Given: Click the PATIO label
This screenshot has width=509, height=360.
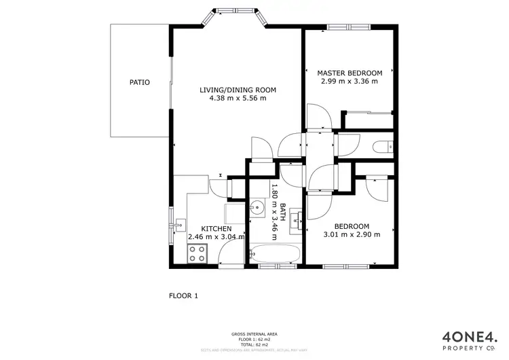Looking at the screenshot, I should click(x=140, y=82).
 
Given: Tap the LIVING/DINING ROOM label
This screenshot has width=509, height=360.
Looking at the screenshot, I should click(x=238, y=90).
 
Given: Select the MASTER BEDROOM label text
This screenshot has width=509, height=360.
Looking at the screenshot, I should click(x=350, y=73).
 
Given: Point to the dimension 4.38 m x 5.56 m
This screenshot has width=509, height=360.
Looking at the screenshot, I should click(x=238, y=98).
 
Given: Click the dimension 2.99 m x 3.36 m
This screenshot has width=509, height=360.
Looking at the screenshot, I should click(x=350, y=81).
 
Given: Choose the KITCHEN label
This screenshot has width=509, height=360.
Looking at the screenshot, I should click(x=216, y=229).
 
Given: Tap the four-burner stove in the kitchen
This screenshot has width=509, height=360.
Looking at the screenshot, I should click(x=198, y=254).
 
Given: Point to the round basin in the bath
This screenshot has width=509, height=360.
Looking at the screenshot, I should click(x=257, y=208).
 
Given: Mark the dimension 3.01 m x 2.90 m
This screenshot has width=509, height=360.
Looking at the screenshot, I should click(x=351, y=234).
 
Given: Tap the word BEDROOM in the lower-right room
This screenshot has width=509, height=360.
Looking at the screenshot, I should click(x=352, y=226).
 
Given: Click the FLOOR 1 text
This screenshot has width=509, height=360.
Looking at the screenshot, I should click(x=183, y=295).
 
